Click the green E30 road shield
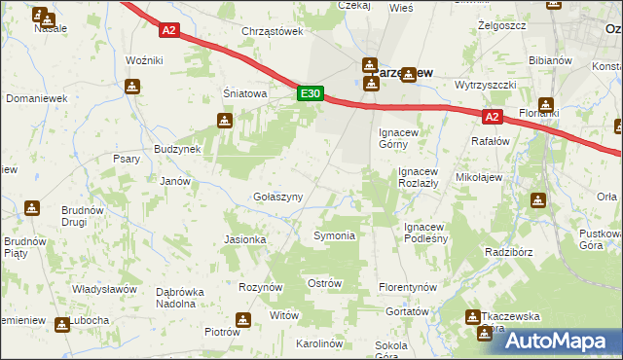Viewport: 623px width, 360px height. (x=310, y=93)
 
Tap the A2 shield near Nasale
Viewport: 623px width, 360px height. (x=169, y=30)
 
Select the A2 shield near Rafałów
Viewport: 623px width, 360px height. (x=492, y=118)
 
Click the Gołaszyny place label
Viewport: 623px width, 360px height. (x=277, y=197)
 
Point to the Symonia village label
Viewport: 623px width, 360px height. (x=333, y=235)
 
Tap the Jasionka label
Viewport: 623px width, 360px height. (x=245, y=239)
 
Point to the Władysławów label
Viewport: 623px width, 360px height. (x=104, y=290)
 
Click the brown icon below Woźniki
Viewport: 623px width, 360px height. (x=133, y=87)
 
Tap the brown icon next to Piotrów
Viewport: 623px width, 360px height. (x=242, y=320)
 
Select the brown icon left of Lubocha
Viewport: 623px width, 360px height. (x=62, y=323)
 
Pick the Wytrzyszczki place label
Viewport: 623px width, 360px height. (x=484, y=85)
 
